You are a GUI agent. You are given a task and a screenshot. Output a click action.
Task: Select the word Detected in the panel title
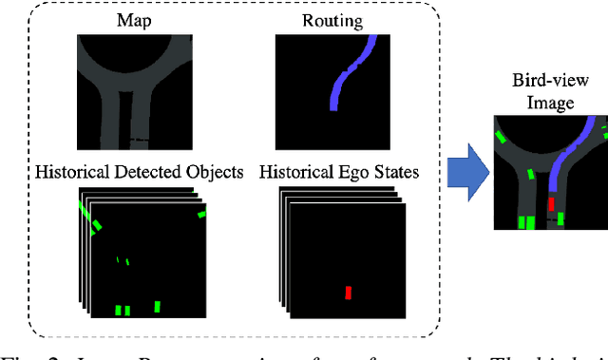pos(148,172)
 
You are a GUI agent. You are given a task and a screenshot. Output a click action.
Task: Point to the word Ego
pos(353,172)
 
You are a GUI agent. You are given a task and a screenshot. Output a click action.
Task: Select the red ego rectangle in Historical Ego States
pos(349,293)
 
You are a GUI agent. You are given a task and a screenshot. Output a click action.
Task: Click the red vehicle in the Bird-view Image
pos(551,203)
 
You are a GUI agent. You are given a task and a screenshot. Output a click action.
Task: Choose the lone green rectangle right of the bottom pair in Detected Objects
pos(158,306)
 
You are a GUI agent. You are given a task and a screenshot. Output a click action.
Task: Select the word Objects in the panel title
pos(215,172)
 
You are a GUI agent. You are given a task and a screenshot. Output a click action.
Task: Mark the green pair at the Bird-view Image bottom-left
pos(525,222)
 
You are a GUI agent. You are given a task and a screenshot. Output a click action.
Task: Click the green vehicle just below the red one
pos(560,219)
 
